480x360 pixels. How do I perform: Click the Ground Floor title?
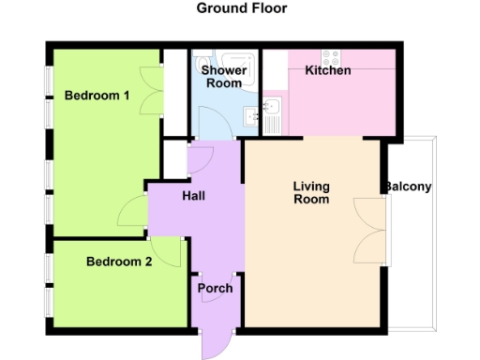pyautogui.click(x=241, y=8)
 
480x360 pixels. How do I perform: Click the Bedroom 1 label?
pyautogui.click(x=97, y=96)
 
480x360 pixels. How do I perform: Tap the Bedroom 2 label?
pyautogui.click(x=119, y=262)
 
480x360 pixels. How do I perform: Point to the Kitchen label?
pyautogui.click(x=328, y=70)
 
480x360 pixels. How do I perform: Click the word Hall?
pyautogui.click(x=193, y=196)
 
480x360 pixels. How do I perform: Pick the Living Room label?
pyautogui.click(x=311, y=192)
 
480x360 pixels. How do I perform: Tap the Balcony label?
pyautogui.click(x=407, y=187)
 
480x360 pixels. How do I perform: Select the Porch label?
pyautogui.click(x=214, y=288)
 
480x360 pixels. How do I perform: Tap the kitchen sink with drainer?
pyautogui.click(x=273, y=116)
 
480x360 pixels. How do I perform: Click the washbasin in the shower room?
pyautogui.click(x=251, y=116)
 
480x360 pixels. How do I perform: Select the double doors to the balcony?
pyautogui.click(x=369, y=231)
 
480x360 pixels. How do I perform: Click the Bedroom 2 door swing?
pyautogui.click(x=170, y=251)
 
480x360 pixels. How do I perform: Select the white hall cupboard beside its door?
pyautogui.click(x=173, y=159)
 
